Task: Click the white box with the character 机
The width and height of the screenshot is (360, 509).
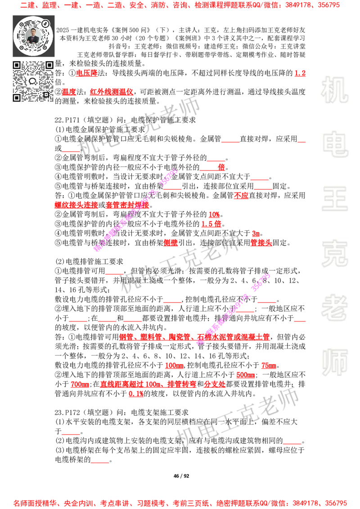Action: (x=334, y=90)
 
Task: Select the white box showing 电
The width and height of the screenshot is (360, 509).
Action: (x=336, y=144)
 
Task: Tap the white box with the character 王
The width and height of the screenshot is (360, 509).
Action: (x=334, y=199)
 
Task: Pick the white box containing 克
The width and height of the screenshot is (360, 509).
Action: (x=334, y=254)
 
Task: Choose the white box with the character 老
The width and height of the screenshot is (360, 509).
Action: (x=334, y=308)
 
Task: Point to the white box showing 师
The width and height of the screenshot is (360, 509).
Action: (x=334, y=363)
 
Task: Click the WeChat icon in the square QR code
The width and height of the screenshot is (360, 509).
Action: (x=33, y=81)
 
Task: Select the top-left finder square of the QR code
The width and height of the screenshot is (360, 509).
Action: (x=17, y=65)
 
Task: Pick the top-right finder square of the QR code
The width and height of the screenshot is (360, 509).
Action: (x=49, y=65)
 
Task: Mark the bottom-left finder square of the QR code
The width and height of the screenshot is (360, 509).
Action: (x=17, y=98)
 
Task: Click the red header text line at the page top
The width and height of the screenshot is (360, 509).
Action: (x=180, y=6)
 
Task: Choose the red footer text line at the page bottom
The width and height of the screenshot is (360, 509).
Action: (x=180, y=503)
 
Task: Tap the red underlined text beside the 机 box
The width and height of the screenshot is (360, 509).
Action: (x=300, y=73)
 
